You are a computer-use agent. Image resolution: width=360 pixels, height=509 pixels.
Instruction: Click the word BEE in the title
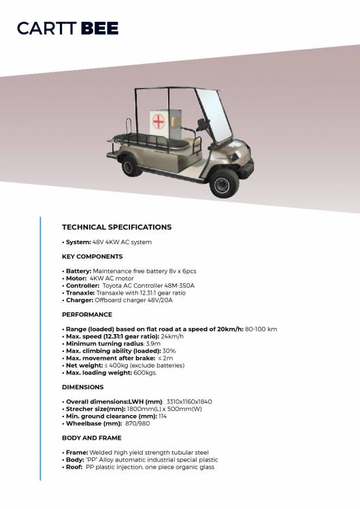pos(99,29)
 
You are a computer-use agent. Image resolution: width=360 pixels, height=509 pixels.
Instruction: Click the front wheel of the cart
pos(223,182)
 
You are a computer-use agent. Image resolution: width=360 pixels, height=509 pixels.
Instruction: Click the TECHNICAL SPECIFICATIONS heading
pos(116,227)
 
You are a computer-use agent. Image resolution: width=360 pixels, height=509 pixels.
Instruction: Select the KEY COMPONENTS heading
pos(93,257)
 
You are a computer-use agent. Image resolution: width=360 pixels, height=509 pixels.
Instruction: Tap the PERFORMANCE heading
pos(87,315)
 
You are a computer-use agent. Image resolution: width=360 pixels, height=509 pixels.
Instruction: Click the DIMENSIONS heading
pos(83,387)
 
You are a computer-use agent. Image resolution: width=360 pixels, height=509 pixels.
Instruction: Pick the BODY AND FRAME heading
pos(92,438)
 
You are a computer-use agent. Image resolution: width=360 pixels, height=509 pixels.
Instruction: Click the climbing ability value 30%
pos(169,351)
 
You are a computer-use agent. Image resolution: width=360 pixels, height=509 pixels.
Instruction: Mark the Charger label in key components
pos(79,300)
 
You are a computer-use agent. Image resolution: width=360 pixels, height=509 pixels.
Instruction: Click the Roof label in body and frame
pos(74,467)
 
